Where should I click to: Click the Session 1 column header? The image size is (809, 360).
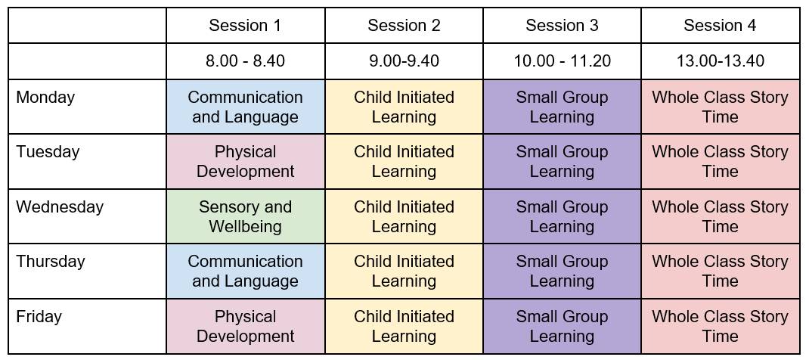[x=246, y=25]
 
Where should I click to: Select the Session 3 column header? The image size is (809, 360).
[x=562, y=25]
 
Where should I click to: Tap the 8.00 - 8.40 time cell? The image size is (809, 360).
[x=246, y=61]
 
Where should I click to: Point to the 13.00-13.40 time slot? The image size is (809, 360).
[x=721, y=61]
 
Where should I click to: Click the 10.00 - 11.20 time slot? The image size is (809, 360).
[x=562, y=61]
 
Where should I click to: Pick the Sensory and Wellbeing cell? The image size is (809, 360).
[x=246, y=216]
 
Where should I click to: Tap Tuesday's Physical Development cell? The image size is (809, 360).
[x=246, y=161]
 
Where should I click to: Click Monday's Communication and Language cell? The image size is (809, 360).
[x=246, y=107]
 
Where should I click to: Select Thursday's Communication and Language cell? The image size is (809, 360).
[x=246, y=271]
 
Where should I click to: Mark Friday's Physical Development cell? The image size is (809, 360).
[x=246, y=326]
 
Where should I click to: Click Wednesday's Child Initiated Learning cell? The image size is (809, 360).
[x=404, y=216]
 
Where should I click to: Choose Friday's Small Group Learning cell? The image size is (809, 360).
[x=562, y=326]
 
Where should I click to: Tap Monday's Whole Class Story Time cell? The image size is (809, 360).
[x=721, y=107]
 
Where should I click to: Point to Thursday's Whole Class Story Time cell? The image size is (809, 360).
[x=721, y=271]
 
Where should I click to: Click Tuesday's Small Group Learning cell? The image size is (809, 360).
[x=562, y=161]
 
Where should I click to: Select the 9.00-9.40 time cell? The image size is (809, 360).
[x=404, y=61]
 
